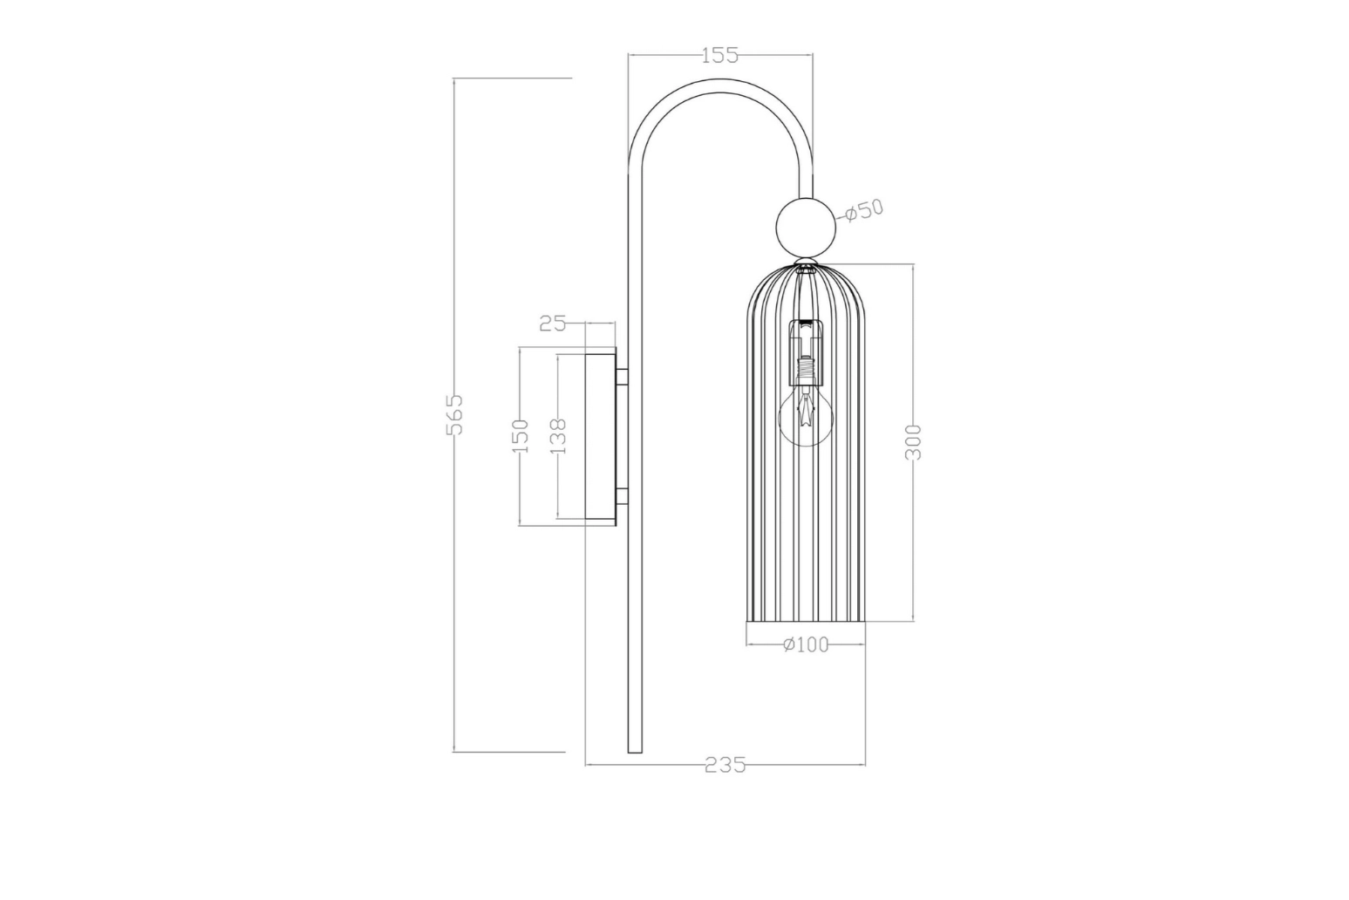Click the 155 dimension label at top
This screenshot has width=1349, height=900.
click(x=719, y=56)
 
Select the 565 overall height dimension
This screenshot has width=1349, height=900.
click(x=454, y=414)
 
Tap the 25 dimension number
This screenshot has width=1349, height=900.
click(x=553, y=324)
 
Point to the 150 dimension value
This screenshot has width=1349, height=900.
click(x=520, y=436)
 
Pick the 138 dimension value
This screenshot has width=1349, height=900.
click(x=558, y=436)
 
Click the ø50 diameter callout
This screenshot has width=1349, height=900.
click(x=863, y=210)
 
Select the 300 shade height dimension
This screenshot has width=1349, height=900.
click(x=914, y=443)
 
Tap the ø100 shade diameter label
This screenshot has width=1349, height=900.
click(x=806, y=644)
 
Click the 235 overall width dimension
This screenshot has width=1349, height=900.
click(x=726, y=765)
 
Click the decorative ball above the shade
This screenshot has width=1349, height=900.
click(x=806, y=227)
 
